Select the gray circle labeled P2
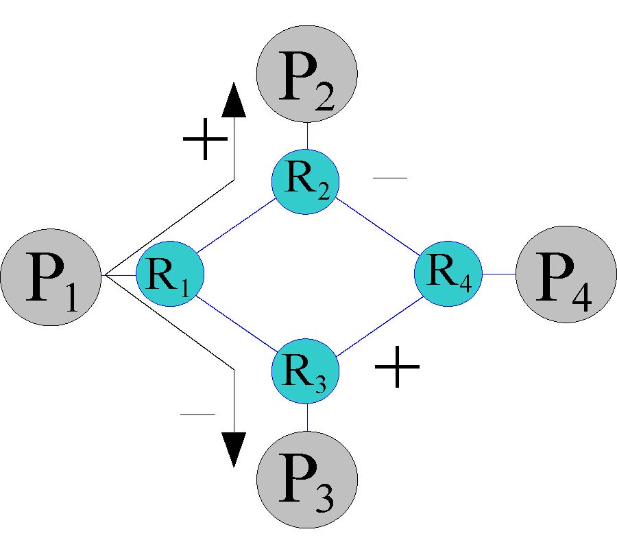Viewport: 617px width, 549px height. [307, 72]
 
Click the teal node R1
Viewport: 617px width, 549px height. [170, 275]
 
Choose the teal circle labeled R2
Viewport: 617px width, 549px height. [306, 180]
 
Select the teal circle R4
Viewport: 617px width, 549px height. [448, 274]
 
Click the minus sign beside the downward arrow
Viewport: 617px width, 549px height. [197, 414]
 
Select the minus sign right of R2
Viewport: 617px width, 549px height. [390, 178]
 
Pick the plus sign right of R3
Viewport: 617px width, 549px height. [397, 366]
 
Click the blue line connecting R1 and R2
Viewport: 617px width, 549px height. [237, 227]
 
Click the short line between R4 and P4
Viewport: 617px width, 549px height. [498, 274]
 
